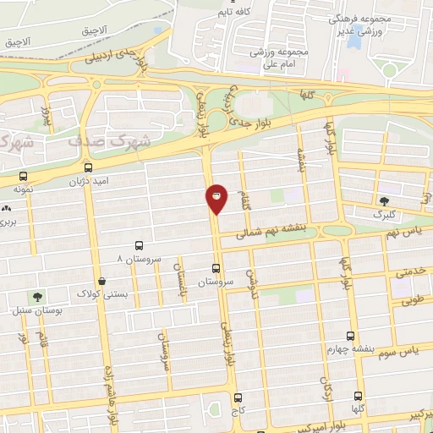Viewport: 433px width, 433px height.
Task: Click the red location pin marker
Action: pyautogui.click(x=216, y=199)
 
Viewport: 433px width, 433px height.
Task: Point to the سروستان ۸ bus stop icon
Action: pyautogui.click(x=140, y=245)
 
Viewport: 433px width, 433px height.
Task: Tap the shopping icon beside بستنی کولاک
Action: pyautogui.click(x=102, y=281)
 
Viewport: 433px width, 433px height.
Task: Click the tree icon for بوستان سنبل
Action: pyautogui.click(x=36, y=296)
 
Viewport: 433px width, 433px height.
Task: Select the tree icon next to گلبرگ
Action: pyautogui.click(x=385, y=201)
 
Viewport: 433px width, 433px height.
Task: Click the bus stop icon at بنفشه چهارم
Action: pyautogui.click(x=353, y=335)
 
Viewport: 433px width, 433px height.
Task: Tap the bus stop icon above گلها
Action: pyautogui.click(x=358, y=396)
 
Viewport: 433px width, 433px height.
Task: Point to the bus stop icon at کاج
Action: pyautogui.click(x=237, y=397)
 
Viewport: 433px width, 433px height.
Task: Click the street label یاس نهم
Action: pyautogui.click(x=403, y=228)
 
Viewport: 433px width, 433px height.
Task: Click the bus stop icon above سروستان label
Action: pyautogui.click(x=214, y=268)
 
